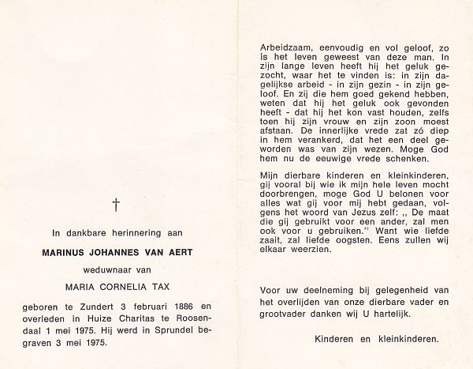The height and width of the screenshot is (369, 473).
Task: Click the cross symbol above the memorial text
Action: point(116,205)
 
